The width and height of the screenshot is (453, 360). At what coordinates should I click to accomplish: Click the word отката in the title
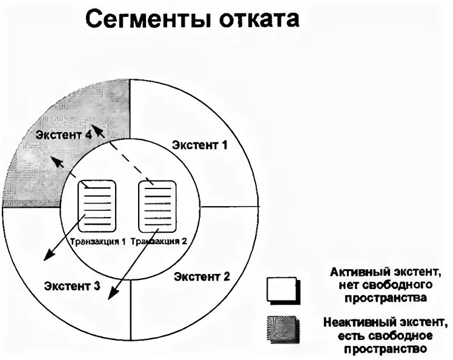pos(257,20)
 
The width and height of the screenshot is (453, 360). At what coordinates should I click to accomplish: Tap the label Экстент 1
pos(199,145)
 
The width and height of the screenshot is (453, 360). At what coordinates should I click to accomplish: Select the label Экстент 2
pos(202,277)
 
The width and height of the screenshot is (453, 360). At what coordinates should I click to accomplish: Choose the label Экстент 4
pos(64,135)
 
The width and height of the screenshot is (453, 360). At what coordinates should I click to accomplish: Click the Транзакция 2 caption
pos(158,241)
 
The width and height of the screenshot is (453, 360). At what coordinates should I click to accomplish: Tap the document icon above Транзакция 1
pos(97,205)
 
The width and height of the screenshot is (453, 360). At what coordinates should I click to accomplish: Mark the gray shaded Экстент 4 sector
pos(48,164)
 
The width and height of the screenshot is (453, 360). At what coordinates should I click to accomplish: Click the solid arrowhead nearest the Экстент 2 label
pos(110,296)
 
